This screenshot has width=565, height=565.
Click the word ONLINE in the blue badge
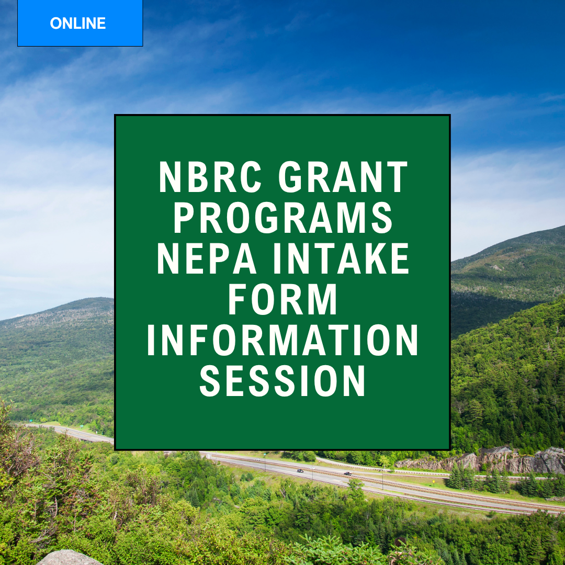click(78, 24)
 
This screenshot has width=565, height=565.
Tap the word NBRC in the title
click(210, 177)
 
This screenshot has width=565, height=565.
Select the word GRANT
click(343, 177)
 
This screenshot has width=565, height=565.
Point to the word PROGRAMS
click(283, 218)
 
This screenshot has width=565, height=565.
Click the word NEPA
click(207, 258)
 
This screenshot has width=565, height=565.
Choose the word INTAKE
click(341, 258)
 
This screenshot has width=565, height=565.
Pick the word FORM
click(283, 299)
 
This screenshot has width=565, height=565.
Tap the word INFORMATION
click(283, 340)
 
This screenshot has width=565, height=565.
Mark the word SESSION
click(283, 380)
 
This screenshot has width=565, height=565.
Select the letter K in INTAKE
click(375, 258)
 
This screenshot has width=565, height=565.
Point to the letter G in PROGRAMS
click(267, 218)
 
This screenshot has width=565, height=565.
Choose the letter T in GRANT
click(396, 177)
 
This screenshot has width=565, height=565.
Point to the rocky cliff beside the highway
click(483, 460)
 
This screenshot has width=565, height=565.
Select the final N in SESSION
click(354, 380)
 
